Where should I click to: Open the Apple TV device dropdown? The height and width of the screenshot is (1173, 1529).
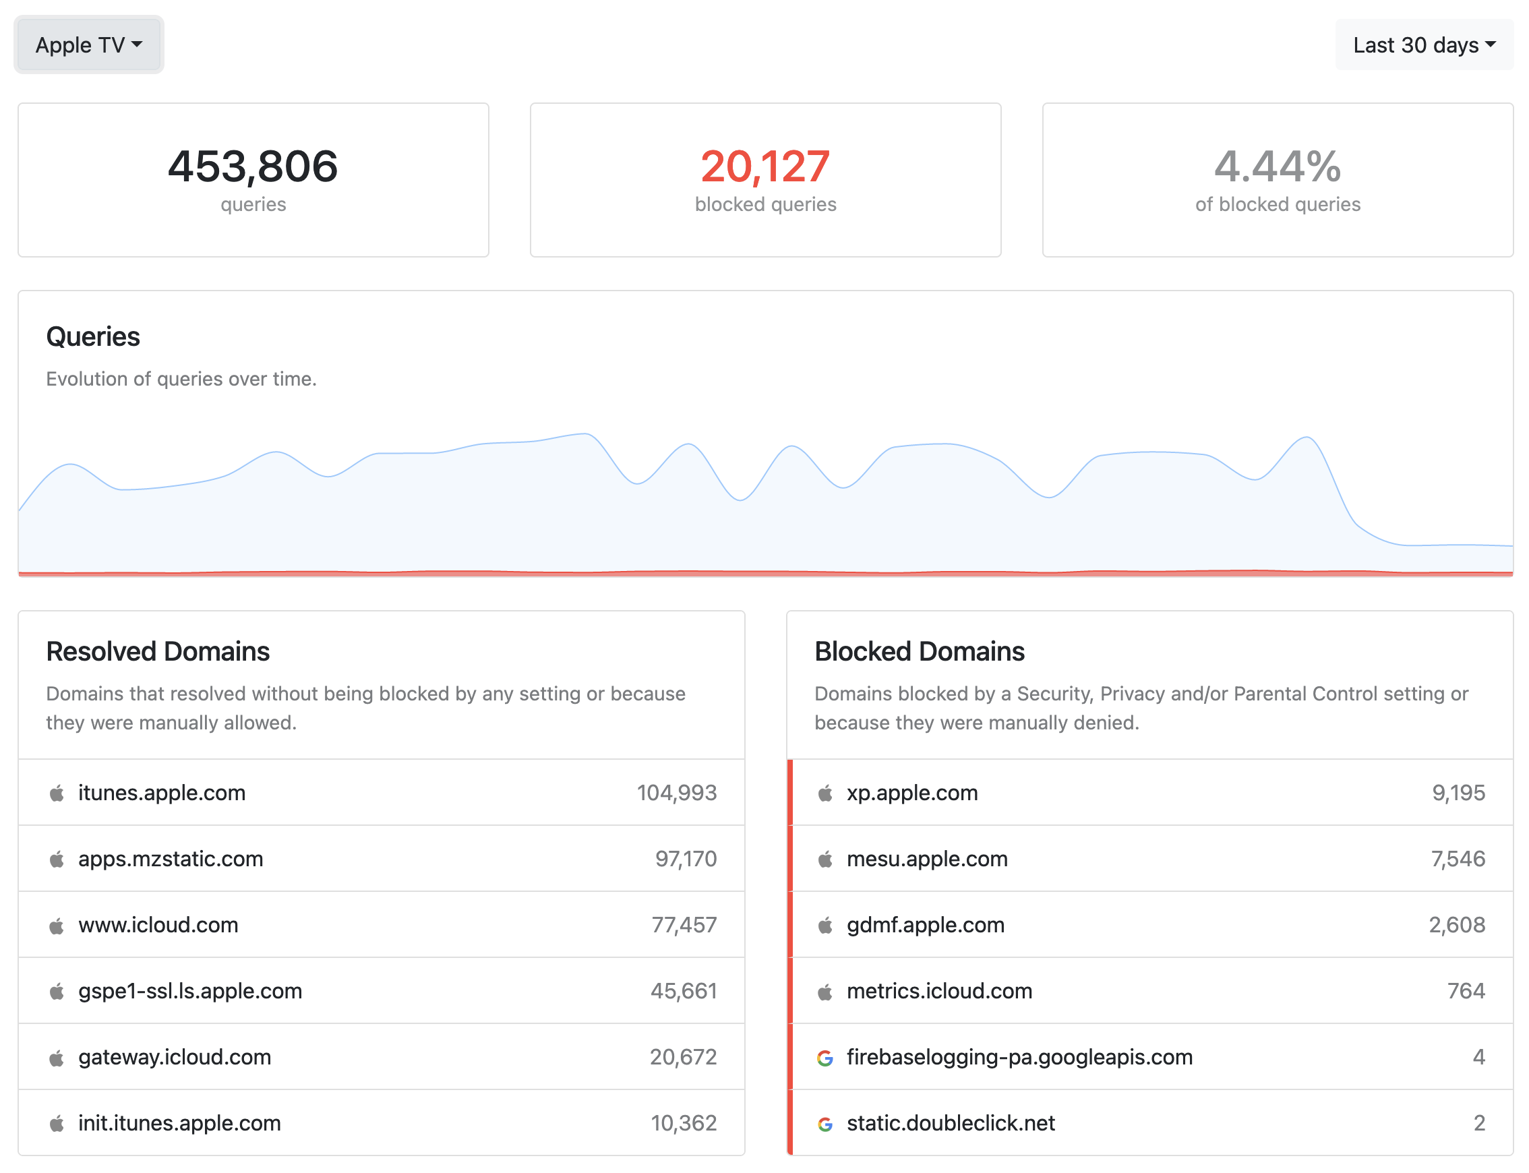(x=89, y=44)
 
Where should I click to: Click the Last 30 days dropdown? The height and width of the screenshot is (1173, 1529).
(x=1424, y=44)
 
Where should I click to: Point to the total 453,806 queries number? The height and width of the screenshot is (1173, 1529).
(x=253, y=166)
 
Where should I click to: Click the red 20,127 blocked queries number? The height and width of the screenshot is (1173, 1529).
(x=765, y=166)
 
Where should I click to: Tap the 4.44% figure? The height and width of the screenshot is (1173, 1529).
(x=1277, y=166)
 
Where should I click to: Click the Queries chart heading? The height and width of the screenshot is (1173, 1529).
(x=93, y=336)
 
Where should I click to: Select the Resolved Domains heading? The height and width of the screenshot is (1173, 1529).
(x=158, y=651)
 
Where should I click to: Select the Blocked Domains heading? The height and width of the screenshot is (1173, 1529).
(x=920, y=651)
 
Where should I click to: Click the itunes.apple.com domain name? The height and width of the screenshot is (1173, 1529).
(x=162, y=793)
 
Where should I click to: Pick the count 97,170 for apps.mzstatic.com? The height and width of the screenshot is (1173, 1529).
(x=686, y=859)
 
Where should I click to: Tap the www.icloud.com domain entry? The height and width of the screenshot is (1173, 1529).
(x=158, y=925)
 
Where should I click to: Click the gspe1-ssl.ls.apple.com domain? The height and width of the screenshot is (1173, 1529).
(x=190, y=992)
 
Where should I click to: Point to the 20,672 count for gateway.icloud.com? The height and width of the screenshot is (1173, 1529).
(x=683, y=1057)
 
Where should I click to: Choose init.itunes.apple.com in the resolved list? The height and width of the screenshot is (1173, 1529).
(x=179, y=1123)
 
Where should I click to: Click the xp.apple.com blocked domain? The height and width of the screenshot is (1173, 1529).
(x=912, y=793)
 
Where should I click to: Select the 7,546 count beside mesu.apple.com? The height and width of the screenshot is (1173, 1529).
(x=1458, y=859)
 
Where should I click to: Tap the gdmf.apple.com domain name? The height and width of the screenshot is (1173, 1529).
(x=926, y=925)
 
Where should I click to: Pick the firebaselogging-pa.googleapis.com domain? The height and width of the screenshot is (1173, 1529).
(x=1019, y=1058)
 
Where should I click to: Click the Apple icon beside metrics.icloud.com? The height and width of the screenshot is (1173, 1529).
(x=825, y=992)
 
